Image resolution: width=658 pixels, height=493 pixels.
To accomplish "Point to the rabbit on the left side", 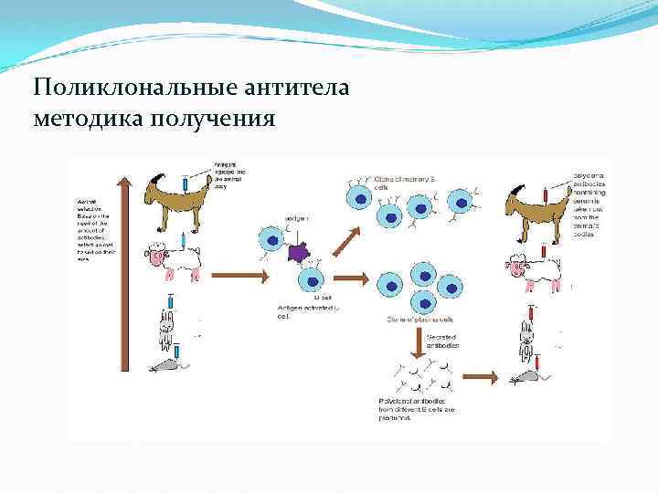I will pyautogui.click(x=167, y=327).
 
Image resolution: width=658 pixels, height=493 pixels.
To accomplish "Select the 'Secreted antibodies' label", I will pyautogui.click(x=443, y=341).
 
